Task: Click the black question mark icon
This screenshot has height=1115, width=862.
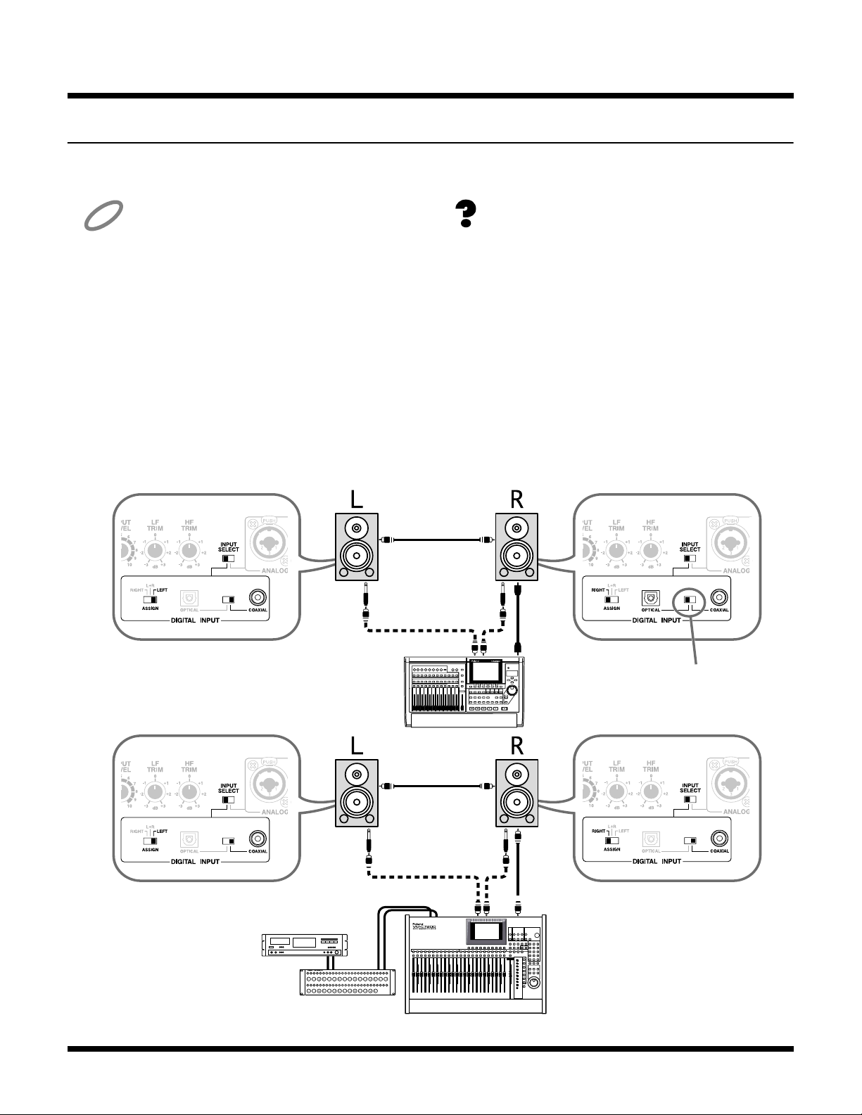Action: coord(466,213)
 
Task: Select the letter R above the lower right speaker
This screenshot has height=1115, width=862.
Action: coord(516,745)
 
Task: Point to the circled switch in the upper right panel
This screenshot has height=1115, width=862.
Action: coord(690,600)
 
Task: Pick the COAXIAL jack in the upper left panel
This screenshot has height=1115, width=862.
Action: coord(259,599)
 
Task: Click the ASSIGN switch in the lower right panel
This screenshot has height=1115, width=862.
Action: coord(611,840)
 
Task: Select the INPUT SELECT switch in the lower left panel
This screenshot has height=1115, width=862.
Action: coord(228,799)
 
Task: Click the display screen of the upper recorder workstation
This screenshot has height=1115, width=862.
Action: coord(486,671)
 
